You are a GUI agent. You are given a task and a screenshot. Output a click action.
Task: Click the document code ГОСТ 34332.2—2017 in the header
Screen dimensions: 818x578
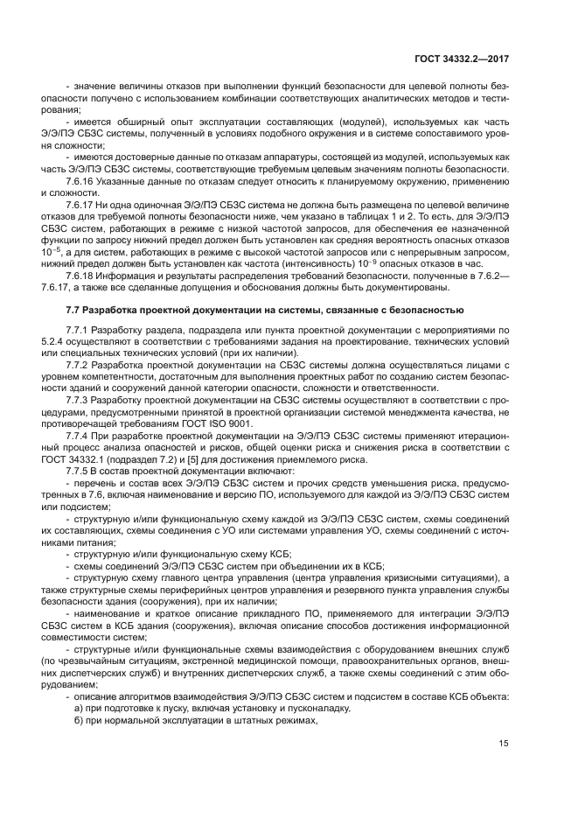pos(462,59)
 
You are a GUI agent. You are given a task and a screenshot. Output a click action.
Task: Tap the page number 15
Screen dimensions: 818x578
pos(504,744)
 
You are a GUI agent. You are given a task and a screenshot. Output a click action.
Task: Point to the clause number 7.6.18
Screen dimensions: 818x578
pos(81,275)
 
